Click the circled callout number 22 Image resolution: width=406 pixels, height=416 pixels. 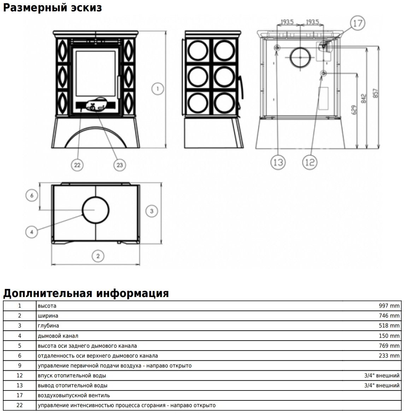[x=77, y=165]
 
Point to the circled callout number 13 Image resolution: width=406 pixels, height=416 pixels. [x=278, y=162]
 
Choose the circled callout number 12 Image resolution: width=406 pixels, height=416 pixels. [x=310, y=162]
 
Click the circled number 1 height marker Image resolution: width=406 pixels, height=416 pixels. [x=158, y=88]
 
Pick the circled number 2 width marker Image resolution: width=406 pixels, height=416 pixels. [x=98, y=256]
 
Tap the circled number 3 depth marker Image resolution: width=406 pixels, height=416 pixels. [x=152, y=211]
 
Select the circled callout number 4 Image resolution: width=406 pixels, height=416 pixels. [x=32, y=232]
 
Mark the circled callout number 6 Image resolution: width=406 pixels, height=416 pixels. [x=32, y=195]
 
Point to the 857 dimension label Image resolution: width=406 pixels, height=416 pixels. [x=375, y=93]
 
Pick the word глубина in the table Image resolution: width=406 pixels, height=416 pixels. [x=48, y=325]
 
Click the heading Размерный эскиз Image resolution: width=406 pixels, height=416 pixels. [x=52, y=7]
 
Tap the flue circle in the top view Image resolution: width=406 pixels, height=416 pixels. [x=95, y=210]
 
